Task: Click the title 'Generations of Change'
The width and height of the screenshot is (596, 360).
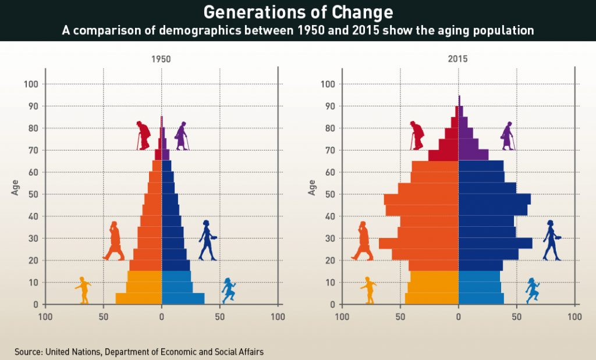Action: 297,12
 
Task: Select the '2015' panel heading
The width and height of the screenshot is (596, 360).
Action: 458,59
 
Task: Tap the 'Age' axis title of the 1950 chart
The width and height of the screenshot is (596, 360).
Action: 16,187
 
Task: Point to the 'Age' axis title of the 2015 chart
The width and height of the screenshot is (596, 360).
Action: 313,187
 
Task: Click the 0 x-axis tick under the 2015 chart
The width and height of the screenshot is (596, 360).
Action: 458,317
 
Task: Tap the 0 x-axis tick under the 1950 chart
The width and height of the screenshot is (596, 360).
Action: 161,317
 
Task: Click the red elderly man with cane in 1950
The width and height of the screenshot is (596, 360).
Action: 143,136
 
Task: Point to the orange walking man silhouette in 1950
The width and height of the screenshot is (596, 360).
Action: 114,240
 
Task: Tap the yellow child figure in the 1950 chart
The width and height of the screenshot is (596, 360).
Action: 83,290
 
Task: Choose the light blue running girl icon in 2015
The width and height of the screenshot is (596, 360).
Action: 532,290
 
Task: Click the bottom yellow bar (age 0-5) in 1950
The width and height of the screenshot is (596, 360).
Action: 139,298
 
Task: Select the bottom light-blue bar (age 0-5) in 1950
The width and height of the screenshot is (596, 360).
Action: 183,298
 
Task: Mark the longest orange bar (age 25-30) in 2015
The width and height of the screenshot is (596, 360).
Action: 419,243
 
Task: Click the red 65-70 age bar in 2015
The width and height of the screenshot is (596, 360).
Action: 444,155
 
